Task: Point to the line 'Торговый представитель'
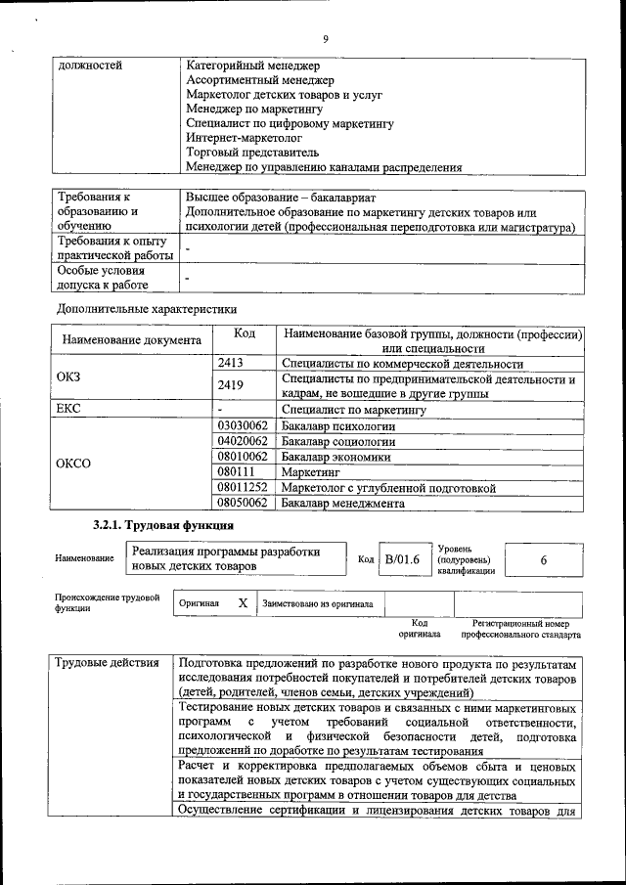pos(252,154)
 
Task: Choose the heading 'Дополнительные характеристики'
pos(147,308)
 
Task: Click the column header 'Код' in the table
pos(245,334)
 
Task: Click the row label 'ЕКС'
pos(71,411)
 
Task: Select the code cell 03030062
pos(242,426)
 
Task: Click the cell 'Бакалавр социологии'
pos(338,442)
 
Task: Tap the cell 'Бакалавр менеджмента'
pos(342,504)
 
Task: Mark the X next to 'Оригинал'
pos(242,603)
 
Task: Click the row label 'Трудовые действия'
pos(108,663)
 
